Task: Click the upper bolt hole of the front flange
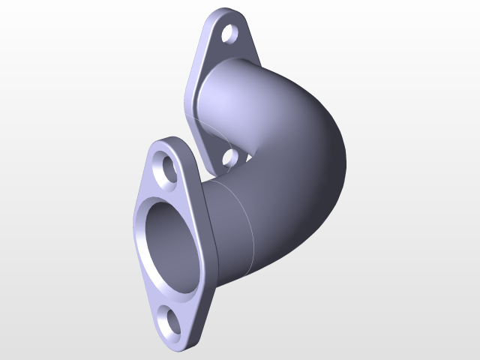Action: click(x=167, y=167)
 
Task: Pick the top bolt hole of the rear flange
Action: click(x=230, y=34)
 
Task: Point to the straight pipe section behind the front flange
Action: click(x=229, y=225)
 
